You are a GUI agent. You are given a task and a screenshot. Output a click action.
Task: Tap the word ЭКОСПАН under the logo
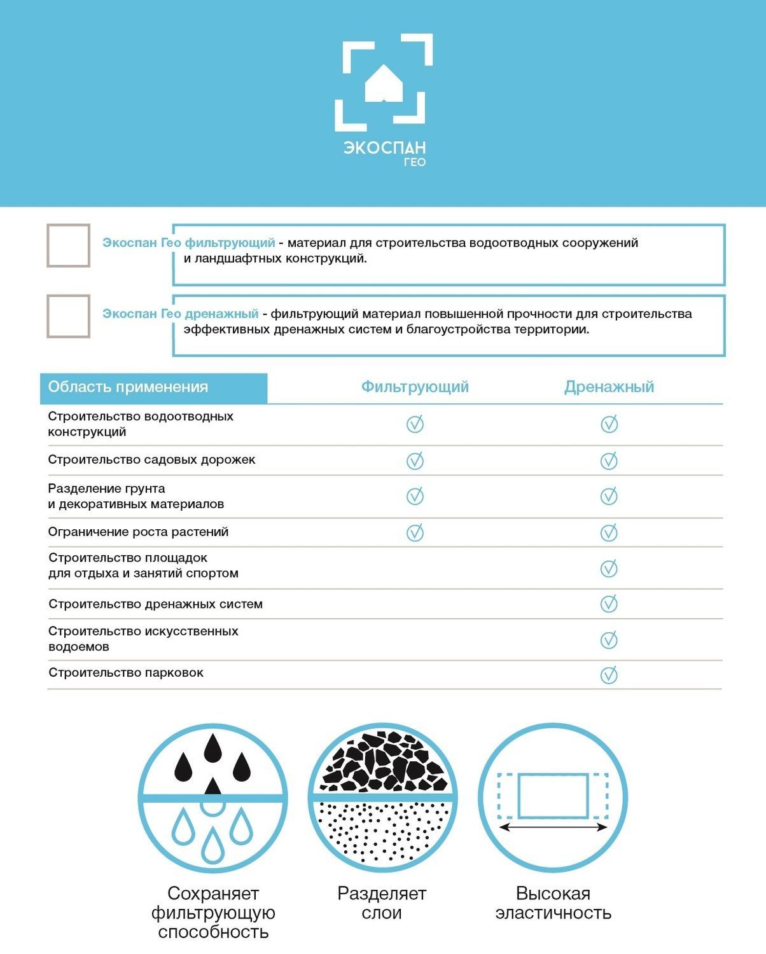pyautogui.click(x=384, y=148)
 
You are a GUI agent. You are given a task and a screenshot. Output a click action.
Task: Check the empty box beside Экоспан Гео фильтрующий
pyautogui.click(x=68, y=245)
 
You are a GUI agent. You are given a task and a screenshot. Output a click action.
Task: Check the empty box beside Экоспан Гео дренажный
pyautogui.click(x=68, y=316)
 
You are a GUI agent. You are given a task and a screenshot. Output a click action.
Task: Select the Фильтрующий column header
pyautogui.click(x=415, y=387)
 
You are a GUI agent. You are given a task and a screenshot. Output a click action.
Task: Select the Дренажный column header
pyautogui.click(x=609, y=387)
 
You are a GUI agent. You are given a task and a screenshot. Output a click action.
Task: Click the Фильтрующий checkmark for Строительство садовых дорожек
pyautogui.click(x=415, y=460)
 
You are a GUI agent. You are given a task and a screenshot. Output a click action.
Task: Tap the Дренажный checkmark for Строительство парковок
pyautogui.click(x=609, y=675)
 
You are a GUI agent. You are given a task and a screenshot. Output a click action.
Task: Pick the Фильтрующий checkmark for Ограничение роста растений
pyautogui.click(x=415, y=532)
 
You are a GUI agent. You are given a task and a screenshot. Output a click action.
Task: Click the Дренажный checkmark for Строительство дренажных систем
pyautogui.click(x=609, y=604)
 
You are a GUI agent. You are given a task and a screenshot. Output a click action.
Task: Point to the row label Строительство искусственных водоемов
pyautogui.click(x=143, y=639)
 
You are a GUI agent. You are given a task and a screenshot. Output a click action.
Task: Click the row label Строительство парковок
pyautogui.click(x=126, y=673)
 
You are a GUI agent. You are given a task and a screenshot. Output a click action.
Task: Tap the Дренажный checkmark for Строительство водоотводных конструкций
pyautogui.click(x=609, y=424)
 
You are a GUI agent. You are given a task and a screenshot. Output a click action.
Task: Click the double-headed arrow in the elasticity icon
pyautogui.click(x=552, y=827)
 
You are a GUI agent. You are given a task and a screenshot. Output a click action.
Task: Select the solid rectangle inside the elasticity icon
pyautogui.click(x=552, y=795)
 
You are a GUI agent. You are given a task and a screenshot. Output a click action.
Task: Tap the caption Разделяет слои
pyautogui.click(x=382, y=903)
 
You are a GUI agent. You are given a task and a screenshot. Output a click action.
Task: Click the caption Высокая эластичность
pyautogui.click(x=553, y=903)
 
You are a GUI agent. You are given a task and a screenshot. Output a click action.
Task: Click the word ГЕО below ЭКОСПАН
pyautogui.click(x=414, y=162)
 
